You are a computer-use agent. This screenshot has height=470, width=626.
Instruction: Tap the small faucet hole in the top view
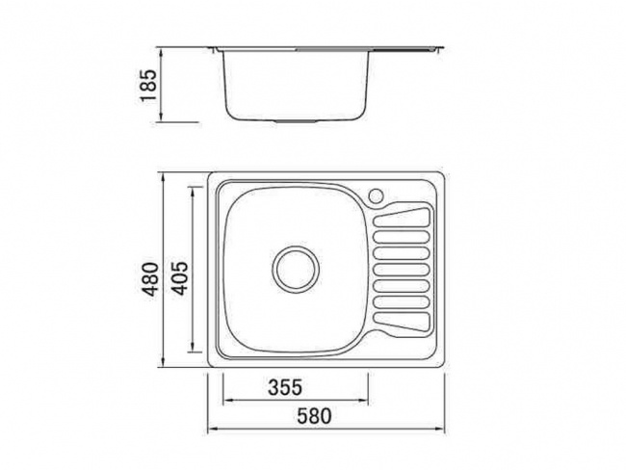point(377,196)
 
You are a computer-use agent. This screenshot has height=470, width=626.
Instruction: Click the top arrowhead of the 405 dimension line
point(199,188)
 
